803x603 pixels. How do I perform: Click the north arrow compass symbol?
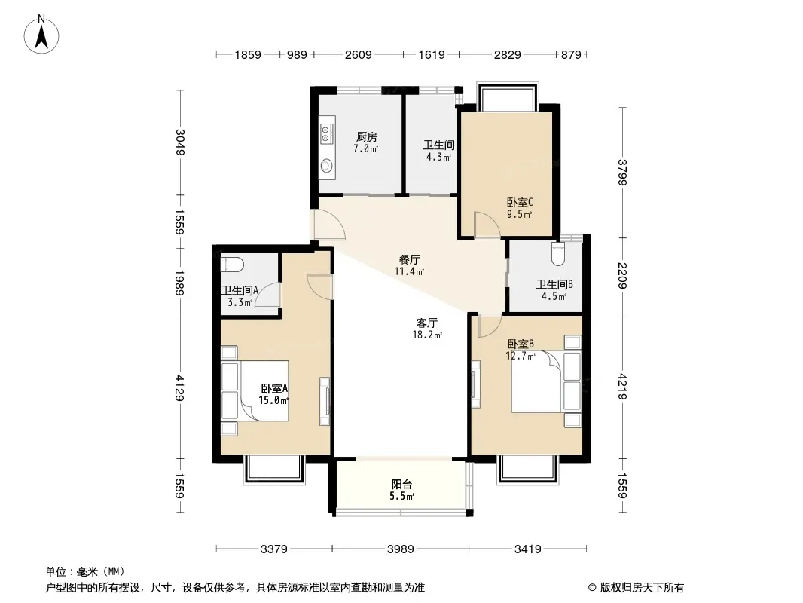(41, 35)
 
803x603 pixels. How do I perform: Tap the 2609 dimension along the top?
(358, 54)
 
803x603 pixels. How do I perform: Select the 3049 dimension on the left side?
(180, 142)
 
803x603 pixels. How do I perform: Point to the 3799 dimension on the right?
(623, 172)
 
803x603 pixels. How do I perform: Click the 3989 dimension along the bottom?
(400, 549)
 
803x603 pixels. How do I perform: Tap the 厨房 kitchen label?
(367, 136)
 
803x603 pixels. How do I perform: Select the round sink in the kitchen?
(327, 166)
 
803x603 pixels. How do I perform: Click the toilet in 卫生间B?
(558, 253)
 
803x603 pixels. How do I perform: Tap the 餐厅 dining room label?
(409, 259)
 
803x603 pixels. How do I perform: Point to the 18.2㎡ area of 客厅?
(427, 335)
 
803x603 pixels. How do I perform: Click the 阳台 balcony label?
(401, 484)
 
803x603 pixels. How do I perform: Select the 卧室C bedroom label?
(520, 202)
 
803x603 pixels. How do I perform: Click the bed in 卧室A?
(255, 391)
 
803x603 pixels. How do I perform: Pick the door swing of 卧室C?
(486, 225)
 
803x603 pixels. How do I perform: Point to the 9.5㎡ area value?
(519, 214)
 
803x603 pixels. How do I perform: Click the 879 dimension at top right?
(571, 54)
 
